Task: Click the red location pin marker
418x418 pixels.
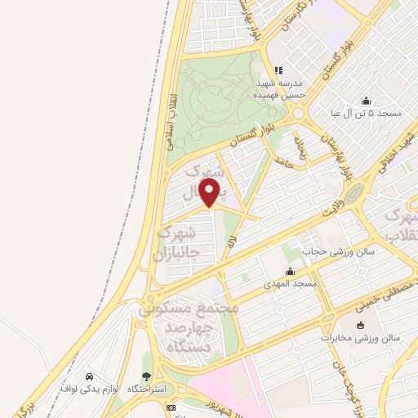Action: coord(210,193)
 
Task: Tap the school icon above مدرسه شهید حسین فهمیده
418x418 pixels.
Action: coord(278,70)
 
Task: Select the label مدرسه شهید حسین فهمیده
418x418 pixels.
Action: coord(280,89)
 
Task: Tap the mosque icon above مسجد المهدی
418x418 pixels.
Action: coord(290,271)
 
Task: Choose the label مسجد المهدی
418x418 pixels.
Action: coord(290,284)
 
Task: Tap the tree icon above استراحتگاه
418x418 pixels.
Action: coord(146,376)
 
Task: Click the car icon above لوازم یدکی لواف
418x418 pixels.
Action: coord(88,376)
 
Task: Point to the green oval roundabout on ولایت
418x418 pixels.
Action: coord(353,194)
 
